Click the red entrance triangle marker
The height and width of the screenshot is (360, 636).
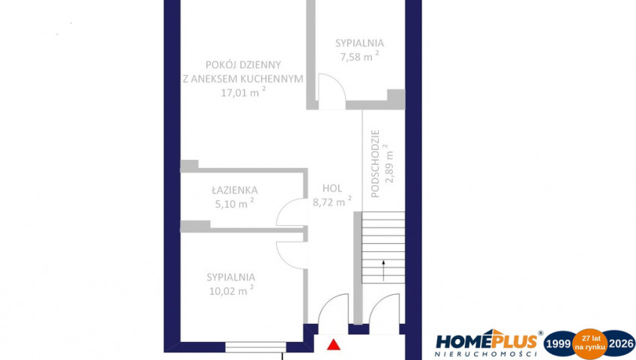coord(334,344)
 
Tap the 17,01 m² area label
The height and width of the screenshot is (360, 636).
coord(243,92)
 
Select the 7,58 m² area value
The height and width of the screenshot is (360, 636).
coord(359,56)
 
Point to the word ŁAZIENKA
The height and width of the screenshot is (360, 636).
coord(235,190)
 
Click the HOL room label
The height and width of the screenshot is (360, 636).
coord(332,188)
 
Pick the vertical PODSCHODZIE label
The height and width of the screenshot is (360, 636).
coord(375,163)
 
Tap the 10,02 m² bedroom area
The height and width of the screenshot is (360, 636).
coord(231,290)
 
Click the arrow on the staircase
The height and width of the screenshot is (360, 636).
coord(383,271)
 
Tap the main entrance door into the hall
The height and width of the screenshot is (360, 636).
coord(333,309)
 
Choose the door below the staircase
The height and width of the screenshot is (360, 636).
coord(384,309)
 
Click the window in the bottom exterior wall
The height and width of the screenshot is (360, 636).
coord(256,347)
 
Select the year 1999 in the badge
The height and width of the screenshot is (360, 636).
coord(559,344)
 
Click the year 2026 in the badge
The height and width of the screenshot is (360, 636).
coord(621,344)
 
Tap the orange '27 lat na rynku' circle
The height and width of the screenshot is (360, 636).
coord(589,343)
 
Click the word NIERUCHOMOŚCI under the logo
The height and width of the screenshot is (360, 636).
coord(486,354)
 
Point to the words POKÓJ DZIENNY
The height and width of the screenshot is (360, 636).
coord(243,64)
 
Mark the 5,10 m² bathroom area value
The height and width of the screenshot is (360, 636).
coord(235,203)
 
